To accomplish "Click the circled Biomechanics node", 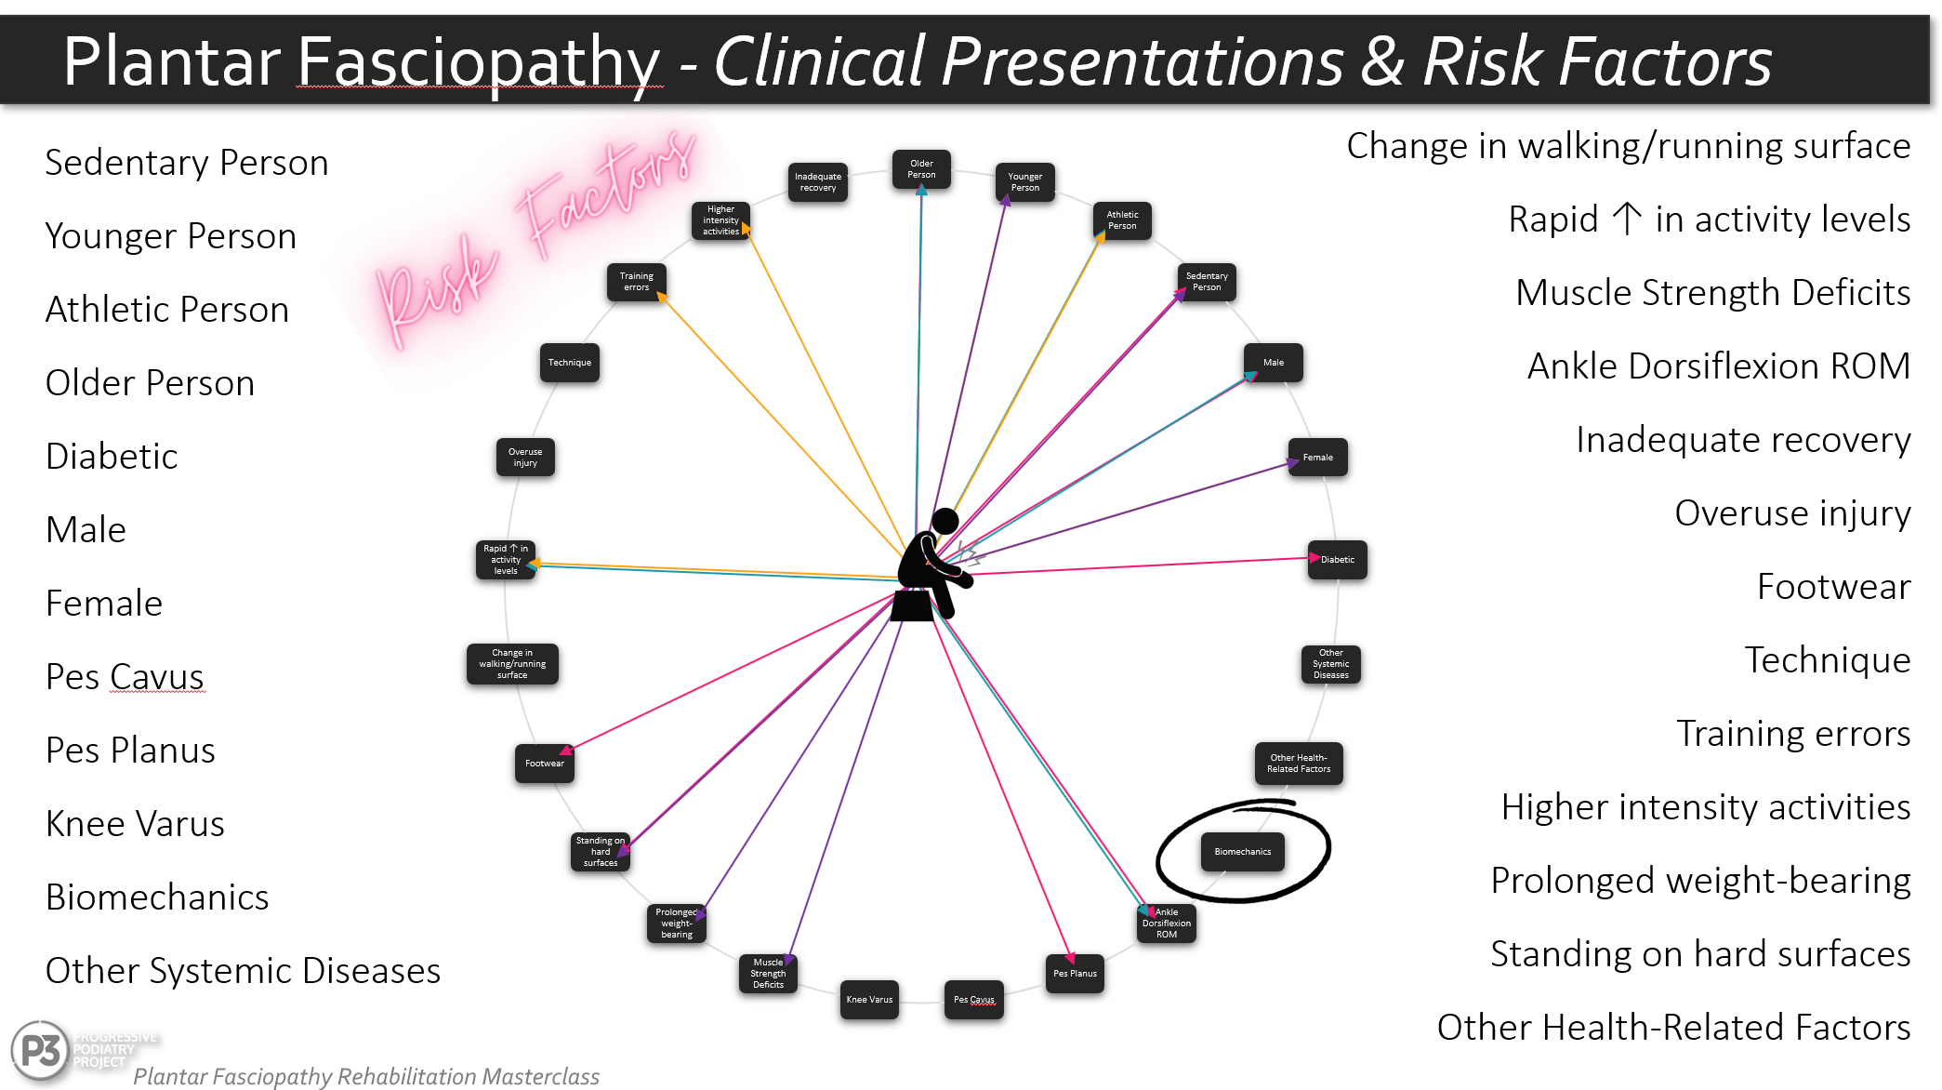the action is click(x=1242, y=852).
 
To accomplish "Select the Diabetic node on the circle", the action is click(x=1337, y=560).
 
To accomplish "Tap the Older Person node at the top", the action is click(x=921, y=169).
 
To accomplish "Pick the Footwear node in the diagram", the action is click(x=545, y=764).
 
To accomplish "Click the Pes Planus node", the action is click(x=1075, y=974).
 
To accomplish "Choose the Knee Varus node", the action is click(x=869, y=1000).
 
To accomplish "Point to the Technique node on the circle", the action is click(x=569, y=363).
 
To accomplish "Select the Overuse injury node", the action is click(x=525, y=458).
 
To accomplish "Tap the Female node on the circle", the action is click(x=1317, y=458).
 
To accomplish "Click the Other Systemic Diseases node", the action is click(x=1330, y=664).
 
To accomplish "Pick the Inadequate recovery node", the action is click(x=817, y=182).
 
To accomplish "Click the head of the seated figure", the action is click(x=945, y=521).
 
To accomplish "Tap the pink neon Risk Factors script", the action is click(x=535, y=237).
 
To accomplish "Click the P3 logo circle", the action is click(x=41, y=1051).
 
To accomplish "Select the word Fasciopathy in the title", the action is click(x=478, y=61).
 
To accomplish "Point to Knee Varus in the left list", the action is click(x=135, y=824).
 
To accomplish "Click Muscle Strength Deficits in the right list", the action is click(x=1712, y=293).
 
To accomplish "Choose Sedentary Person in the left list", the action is click(x=187, y=163).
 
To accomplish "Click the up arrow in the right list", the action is click(x=1626, y=219).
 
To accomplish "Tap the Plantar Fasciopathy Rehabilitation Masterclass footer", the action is click(x=366, y=1076).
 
